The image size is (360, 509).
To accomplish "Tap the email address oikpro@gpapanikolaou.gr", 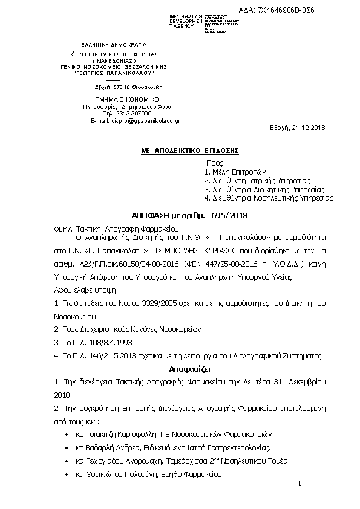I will coord(145,121).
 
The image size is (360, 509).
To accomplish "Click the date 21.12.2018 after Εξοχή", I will coord(309,128).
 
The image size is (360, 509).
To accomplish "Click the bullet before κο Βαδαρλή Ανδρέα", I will coord(66,448).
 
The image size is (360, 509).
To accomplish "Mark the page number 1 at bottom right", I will coord(299,484).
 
